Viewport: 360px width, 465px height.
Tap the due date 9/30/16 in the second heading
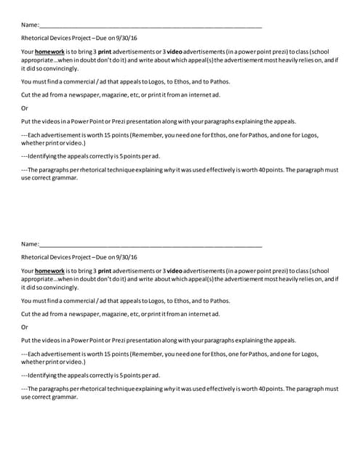(127, 257)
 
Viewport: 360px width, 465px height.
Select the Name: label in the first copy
(30, 25)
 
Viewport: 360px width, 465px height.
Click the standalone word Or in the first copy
(25, 108)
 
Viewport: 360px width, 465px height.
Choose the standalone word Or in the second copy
(25, 327)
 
